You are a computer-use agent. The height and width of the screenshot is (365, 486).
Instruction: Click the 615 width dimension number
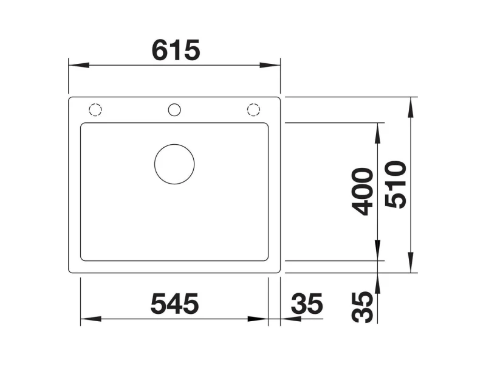point(176,50)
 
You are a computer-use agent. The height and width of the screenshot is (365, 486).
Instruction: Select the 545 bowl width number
point(174,304)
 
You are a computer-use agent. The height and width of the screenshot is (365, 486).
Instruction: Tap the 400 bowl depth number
point(362,192)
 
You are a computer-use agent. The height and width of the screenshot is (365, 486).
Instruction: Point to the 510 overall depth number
point(395,184)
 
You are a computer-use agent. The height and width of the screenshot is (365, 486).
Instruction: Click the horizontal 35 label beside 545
point(307,304)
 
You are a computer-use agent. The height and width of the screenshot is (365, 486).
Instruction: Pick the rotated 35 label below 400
point(362,307)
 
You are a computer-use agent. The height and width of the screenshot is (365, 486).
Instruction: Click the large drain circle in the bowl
point(174,164)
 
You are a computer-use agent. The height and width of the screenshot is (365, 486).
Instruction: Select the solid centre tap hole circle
point(174,110)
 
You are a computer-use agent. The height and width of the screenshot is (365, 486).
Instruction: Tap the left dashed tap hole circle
point(95,110)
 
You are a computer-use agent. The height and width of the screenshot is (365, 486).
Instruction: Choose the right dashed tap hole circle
point(253,110)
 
